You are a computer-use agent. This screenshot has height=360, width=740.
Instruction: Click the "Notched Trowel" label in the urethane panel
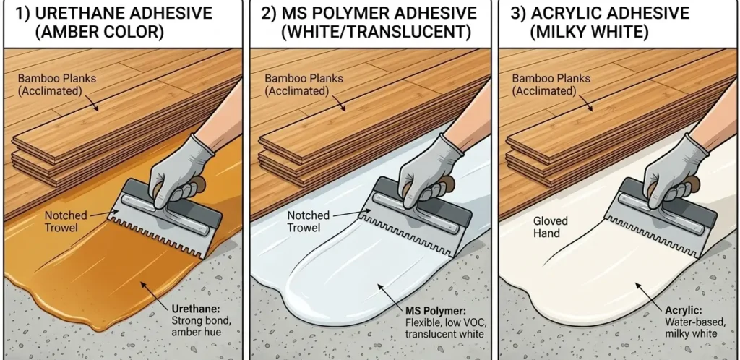click(x=66, y=221)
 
